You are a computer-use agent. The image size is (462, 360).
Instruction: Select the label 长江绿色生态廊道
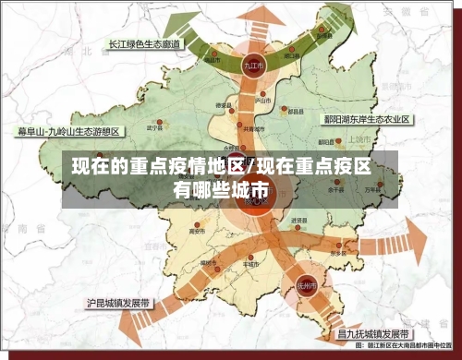144,43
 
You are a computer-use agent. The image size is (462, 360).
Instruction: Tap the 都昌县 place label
295,112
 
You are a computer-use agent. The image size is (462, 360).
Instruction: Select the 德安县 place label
223,106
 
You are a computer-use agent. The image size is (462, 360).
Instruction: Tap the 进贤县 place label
298,222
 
